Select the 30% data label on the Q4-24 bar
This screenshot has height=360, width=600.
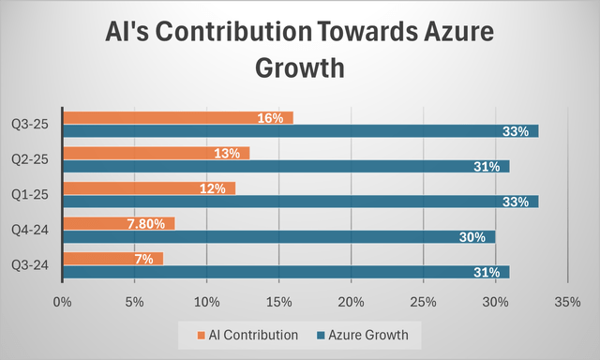(x=472, y=237)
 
